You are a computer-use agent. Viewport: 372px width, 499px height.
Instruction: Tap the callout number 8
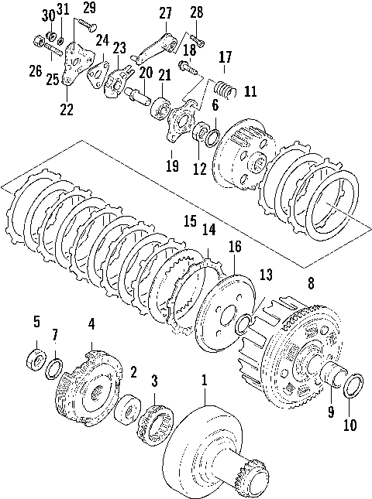(x=312, y=283)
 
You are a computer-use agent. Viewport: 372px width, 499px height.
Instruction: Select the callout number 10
(x=350, y=426)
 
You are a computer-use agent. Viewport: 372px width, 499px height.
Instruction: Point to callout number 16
(x=235, y=247)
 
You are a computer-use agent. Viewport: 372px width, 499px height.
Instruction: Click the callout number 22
(x=67, y=109)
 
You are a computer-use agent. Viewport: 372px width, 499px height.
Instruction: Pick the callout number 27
(x=165, y=13)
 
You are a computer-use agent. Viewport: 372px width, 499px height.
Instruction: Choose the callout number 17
(x=225, y=57)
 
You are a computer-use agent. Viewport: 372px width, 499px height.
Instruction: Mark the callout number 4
(x=91, y=323)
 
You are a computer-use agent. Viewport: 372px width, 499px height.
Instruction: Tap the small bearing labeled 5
(x=36, y=359)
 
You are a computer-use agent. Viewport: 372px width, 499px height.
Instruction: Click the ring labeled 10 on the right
(x=352, y=385)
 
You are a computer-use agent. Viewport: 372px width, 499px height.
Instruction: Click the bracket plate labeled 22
(x=74, y=62)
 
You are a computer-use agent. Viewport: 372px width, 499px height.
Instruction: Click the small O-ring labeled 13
(x=246, y=322)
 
